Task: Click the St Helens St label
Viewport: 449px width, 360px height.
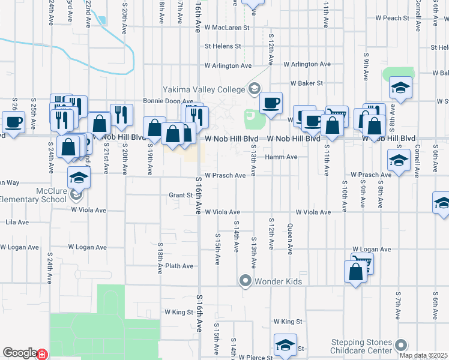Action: pos(223,46)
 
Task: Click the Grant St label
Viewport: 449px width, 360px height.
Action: pos(180,195)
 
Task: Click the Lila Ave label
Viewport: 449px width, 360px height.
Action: pos(17,222)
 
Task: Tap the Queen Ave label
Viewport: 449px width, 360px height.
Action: pos(290,239)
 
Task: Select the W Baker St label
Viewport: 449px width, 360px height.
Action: pos(307,83)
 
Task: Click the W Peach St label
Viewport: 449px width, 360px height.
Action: pos(390,19)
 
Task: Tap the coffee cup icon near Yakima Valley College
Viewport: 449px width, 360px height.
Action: pos(271,103)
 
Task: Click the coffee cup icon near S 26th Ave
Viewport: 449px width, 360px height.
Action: pos(13,122)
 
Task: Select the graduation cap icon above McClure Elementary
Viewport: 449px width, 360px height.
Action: pos(79,178)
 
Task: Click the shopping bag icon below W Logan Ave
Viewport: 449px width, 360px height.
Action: pos(356,272)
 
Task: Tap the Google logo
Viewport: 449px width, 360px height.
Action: pos(20,353)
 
